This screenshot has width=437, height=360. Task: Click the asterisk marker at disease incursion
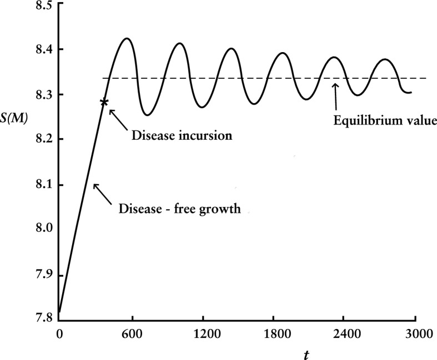[104, 102]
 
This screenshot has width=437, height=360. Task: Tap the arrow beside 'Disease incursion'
[117, 116]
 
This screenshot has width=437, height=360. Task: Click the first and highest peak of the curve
[127, 38]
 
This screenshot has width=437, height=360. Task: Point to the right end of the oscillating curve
[411, 92]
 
